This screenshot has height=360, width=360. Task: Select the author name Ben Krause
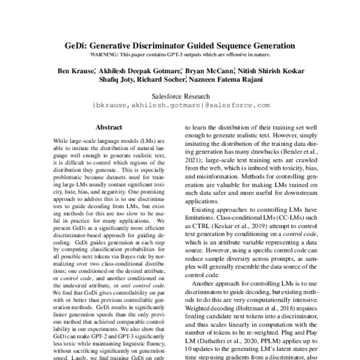click(x=75, y=71)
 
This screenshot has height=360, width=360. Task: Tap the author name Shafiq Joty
click(x=112, y=81)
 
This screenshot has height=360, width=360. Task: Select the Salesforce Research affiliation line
click(x=180, y=96)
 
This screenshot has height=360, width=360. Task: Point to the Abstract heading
click(x=109, y=127)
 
